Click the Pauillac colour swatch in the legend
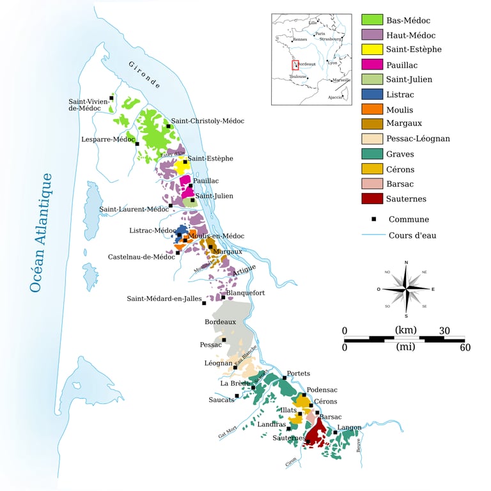pyautogui.click(x=372, y=64)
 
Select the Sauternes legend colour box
pyautogui.click(x=372, y=199)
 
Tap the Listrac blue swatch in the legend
pyautogui.click(x=372, y=94)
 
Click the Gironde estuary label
pyautogui.click(x=144, y=75)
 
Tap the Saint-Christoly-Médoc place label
pyautogui.click(x=207, y=121)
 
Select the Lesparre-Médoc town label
pyautogui.click(x=108, y=139)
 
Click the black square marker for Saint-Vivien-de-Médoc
pyautogui.click(x=112, y=98)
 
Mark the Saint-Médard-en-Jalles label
pyautogui.click(x=164, y=299)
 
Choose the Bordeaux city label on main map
pyautogui.click(x=220, y=322)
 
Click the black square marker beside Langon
pyautogui.click(x=336, y=433)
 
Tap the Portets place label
pyautogui.click(x=299, y=373)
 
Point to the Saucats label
pyautogui.click(x=221, y=400)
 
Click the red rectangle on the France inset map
pyautogui.click(x=295, y=65)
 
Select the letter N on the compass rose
pyautogui.click(x=406, y=263)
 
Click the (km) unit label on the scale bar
pyautogui.click(x=405, y=330)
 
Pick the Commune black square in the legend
pyautogui.click(x=373, y=219)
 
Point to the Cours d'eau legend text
pyautogui.click(x=412, y=235)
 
